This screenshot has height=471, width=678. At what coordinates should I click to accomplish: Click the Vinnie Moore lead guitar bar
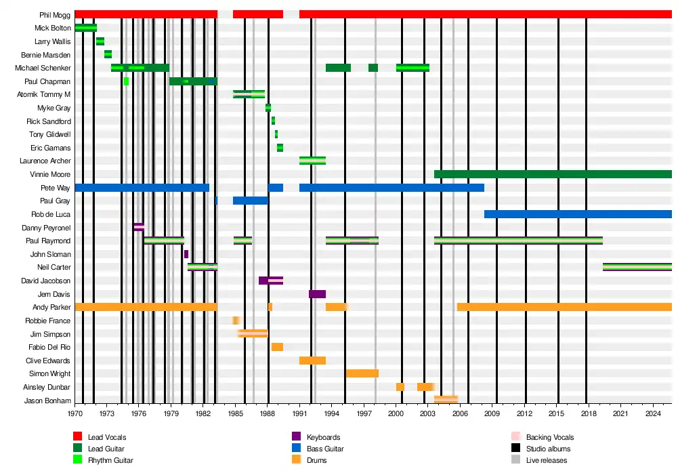(x=553, y=174)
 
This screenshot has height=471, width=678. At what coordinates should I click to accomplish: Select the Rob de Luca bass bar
(x=578, y=214)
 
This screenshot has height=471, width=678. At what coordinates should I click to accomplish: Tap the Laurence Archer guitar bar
(x=312, y=161)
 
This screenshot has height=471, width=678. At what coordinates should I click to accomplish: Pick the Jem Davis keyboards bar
(x=317, y=294)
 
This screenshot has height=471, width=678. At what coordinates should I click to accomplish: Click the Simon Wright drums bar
(x=362, y=373)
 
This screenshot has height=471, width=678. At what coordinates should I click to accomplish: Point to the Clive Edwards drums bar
(x=312, y=361)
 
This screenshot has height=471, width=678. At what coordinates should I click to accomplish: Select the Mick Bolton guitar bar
(x=85, y=28)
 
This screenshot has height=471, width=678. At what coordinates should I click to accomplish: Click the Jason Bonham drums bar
(x=446, y=400)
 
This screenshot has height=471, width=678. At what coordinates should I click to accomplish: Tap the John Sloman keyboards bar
(x=186, y=254)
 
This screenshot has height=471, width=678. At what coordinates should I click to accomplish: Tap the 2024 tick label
(x=654, y=413)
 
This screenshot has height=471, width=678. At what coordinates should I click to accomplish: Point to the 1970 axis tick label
(x=75, y=413)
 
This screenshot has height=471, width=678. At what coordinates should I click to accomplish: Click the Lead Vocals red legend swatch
(x=78, y=437)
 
